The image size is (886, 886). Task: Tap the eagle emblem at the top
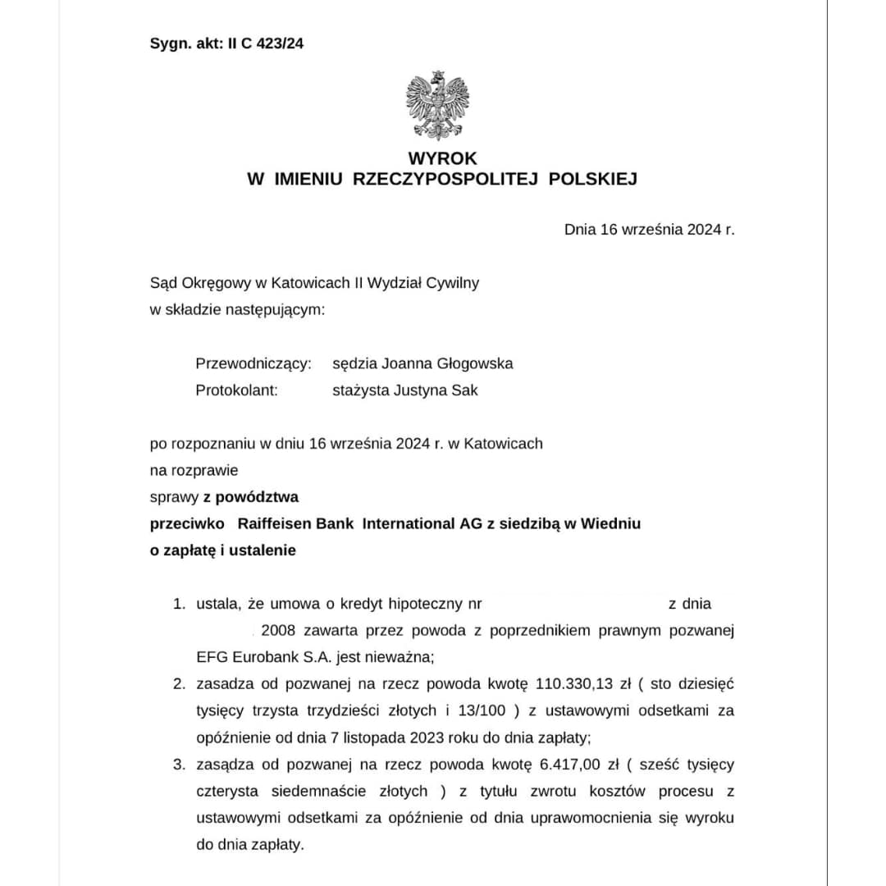pos(437,106)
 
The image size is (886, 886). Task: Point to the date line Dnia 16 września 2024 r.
pos(649,230)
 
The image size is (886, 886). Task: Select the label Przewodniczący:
pos(253,363)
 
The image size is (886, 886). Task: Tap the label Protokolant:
pos(236,390)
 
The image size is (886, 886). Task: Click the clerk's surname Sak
pos(465,390)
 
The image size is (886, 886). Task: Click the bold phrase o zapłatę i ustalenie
pos(222,550)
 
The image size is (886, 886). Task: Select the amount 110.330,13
pos(573,684)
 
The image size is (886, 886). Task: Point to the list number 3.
pos(178,765)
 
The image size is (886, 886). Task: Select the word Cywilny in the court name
pos(453,283)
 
